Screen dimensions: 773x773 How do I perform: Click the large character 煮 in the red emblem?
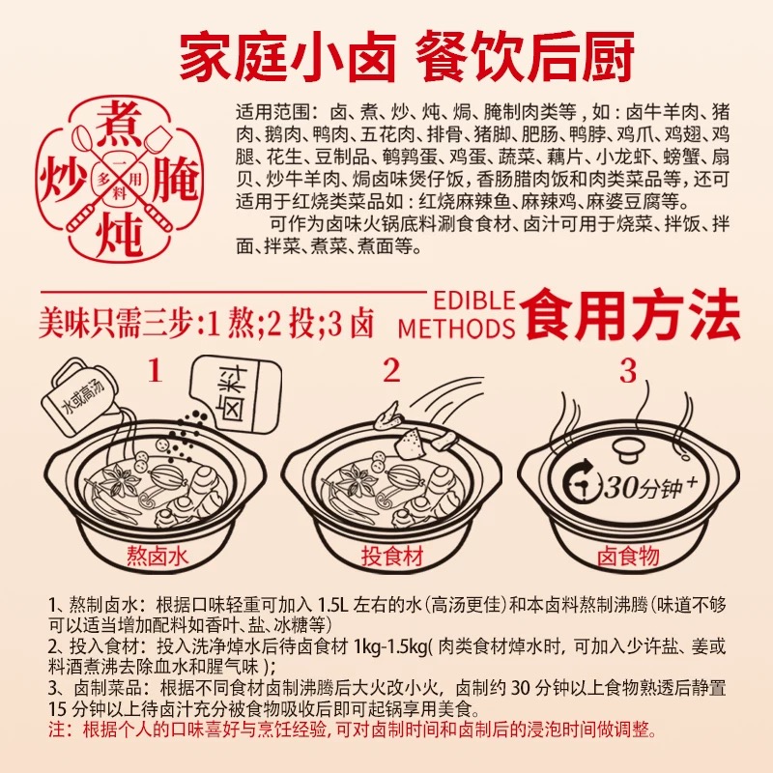(119, 125)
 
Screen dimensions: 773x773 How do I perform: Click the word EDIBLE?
(473, 301)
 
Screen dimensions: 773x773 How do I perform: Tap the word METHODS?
(456, 329)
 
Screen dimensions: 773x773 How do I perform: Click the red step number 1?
(156, 371)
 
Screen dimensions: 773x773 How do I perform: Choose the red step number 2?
(391, 371)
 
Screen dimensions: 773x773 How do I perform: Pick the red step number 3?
(627, 371)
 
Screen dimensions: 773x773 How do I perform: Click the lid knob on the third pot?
(628, 449)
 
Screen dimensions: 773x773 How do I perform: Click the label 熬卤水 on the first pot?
(157, 557)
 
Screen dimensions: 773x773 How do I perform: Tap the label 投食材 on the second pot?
(392, 557)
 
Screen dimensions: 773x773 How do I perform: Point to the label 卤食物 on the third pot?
(628, 557)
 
